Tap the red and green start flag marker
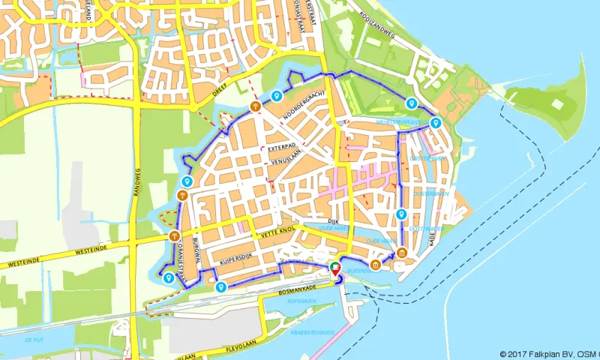click(334, 268)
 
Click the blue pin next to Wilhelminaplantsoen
click(436, 123)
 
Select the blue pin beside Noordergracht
click(277, 95)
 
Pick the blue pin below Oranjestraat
click(169, 277)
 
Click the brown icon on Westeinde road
click(174, 237)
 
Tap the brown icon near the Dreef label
click(256, 106)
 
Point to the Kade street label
click(432, 238)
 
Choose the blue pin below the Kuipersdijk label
click(220, 286)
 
